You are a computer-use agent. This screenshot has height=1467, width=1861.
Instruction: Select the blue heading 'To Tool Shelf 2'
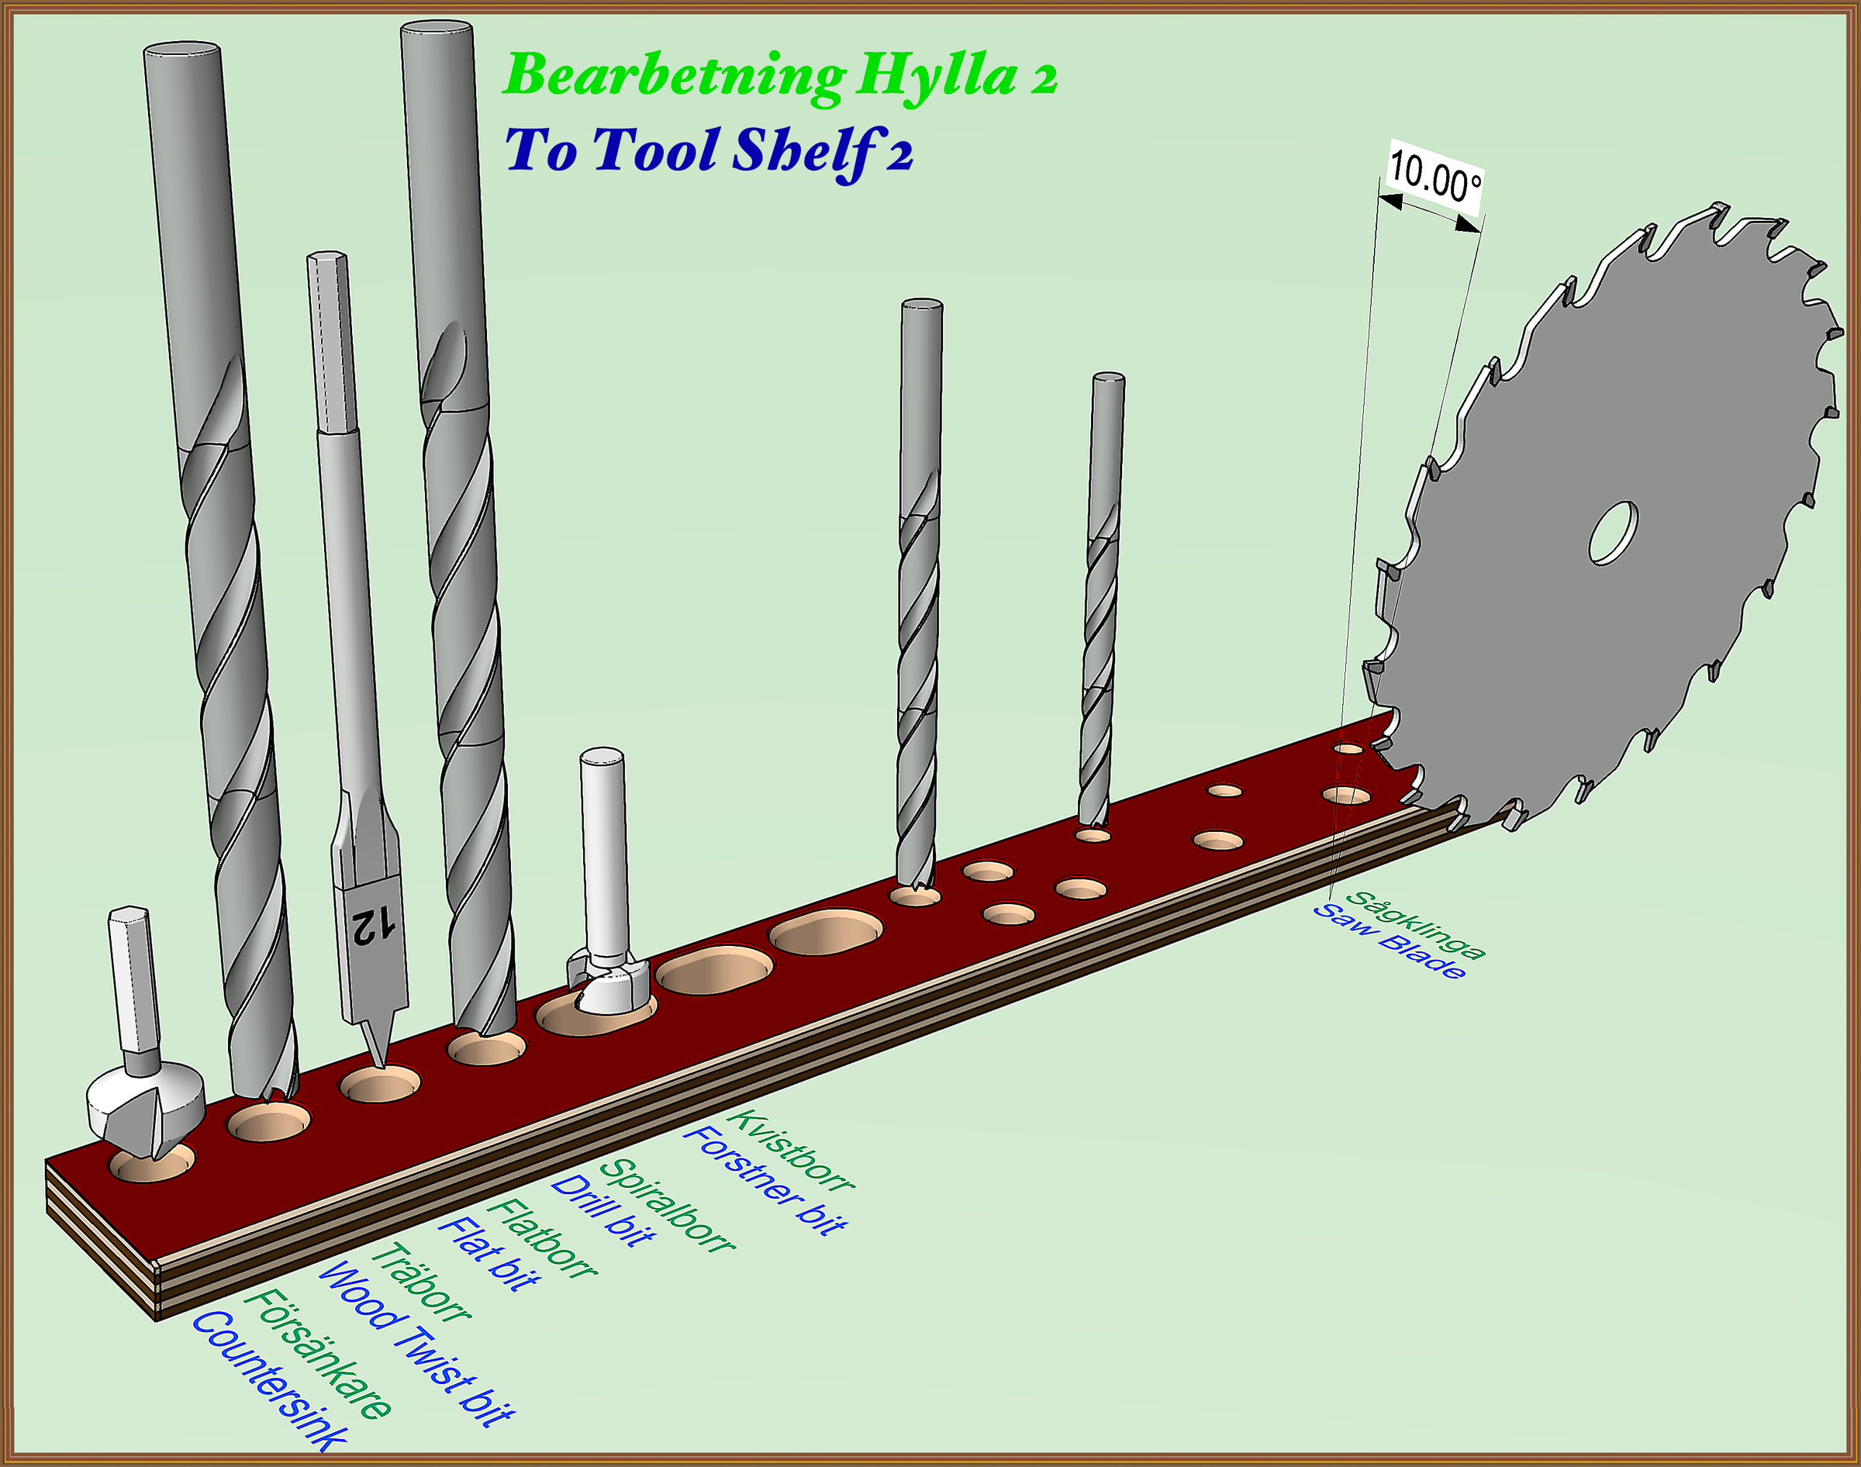[x=709, y=152]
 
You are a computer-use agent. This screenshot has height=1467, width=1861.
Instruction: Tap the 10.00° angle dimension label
[x=1435, y=177]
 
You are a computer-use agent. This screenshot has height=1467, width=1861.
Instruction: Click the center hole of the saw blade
[x=1613, y=533]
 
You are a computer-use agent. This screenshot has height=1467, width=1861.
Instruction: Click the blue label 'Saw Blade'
[x=1389, y=941]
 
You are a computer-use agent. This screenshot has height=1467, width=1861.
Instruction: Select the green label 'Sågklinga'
[x=1414, y=924]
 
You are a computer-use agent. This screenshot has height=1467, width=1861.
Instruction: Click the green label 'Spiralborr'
[x=666, y=1205]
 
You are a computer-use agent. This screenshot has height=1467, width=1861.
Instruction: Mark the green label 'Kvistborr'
[x=791, y=1150]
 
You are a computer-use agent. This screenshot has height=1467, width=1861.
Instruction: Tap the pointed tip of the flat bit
[x=380, y=1066]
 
